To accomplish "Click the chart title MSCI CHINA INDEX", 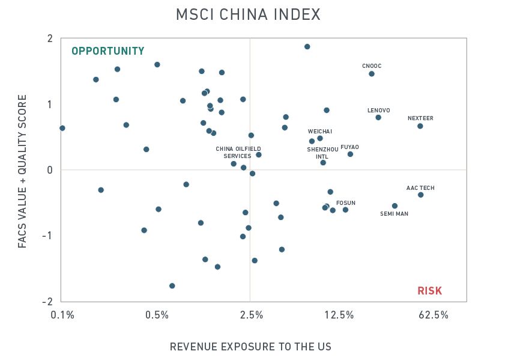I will [x=248, y=14].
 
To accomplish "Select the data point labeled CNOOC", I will [x=372, y=74].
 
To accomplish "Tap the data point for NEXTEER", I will [x=420, y=126].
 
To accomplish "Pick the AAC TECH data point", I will [x=420, y=195].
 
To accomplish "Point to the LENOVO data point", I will [x=378, y=117].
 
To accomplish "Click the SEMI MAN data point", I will [x=395, y=206].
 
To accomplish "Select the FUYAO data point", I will [x=350, y=154].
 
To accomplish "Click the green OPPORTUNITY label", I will [x=108, y=51].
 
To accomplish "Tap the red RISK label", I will [x=430, y=291].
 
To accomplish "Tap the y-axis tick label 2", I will [x=50, y=39].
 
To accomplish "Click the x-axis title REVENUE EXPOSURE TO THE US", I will [x=250, y=347].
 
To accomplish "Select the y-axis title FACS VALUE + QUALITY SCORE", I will [x=22, y=171].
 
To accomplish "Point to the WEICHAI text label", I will [x=320, y=131].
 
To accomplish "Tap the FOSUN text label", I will [x=346, y=203].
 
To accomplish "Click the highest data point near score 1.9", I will [x=307, y=46].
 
